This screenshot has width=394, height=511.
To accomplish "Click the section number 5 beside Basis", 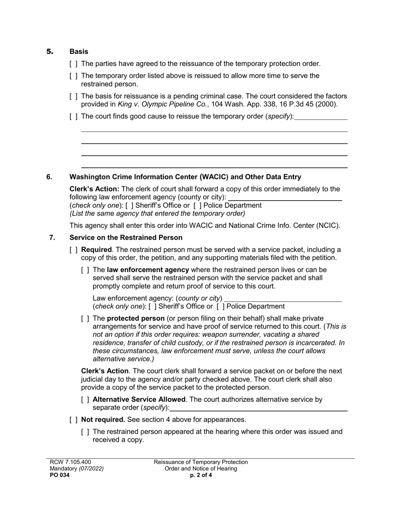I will pyautogui.click(x=50, y=52).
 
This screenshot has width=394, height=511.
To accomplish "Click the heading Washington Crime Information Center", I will pyautogui.click(x=185, y=177).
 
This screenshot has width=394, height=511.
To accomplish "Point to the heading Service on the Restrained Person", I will pyautogui.click(x=126, y=238).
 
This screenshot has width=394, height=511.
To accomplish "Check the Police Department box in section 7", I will pyautogui.click(x=220, y=307).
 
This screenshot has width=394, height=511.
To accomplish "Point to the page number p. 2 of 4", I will pyautogui.click(x=201, y=475).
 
